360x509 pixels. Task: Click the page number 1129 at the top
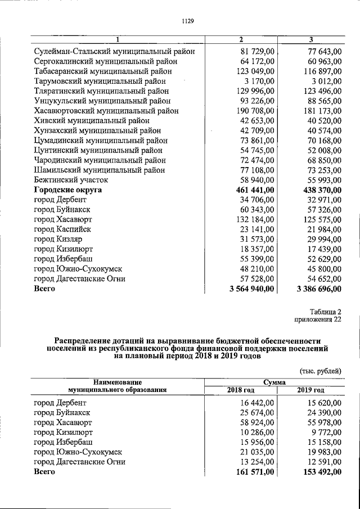(187, 21)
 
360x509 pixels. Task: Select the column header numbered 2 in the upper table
(241, 40)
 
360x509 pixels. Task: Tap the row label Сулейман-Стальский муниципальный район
(114, 52)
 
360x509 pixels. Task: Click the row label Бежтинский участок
(71, 180)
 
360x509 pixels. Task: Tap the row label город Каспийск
(62, 229)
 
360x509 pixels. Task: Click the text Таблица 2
(325, 312)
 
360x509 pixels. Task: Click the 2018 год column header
(241, 390)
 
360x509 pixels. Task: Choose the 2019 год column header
(310, 390)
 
